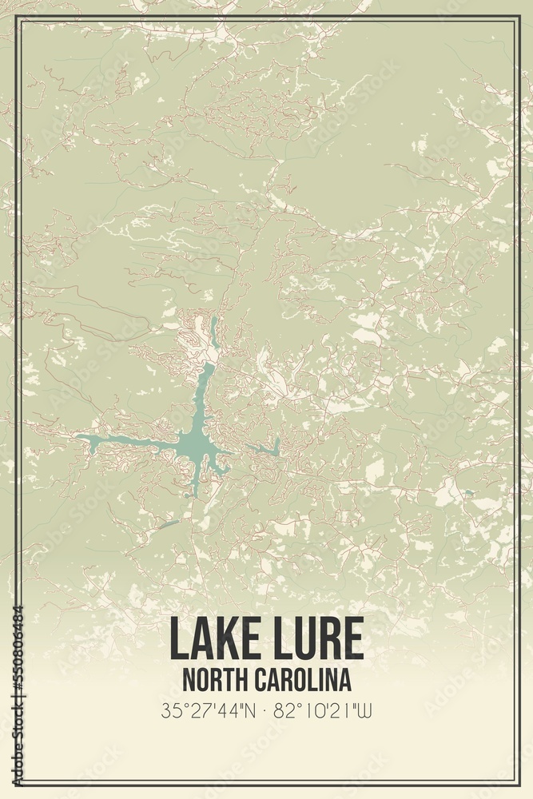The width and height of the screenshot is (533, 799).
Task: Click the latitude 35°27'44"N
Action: tap(209, 710)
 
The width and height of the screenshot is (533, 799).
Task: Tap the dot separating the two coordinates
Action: tap(266, 710)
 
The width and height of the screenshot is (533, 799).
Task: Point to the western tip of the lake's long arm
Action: tap(81, 437)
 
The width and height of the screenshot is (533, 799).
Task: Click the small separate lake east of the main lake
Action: tap(268, 449)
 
